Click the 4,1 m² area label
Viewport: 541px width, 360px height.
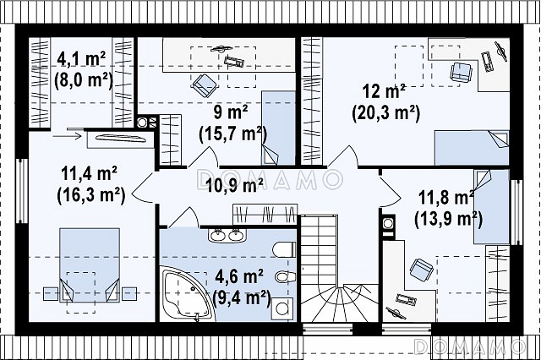point(81,59)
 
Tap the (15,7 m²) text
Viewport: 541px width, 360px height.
point(233,134)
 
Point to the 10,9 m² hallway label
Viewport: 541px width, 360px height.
point(235,186)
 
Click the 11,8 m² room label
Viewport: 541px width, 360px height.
point(445,198)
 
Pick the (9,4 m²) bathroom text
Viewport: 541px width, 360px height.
point(242,297)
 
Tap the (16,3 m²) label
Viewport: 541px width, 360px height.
point(90,195)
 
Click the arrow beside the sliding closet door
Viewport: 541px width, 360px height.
point(67,136)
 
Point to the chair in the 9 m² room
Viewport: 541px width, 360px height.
point(205,85)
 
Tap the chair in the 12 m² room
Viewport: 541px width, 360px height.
point(461,73)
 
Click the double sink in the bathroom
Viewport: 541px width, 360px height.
point(227,235)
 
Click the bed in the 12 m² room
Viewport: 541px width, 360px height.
point(472,148)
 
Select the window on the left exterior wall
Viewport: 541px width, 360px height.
point(23,191)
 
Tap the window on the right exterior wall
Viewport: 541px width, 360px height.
point(516,212)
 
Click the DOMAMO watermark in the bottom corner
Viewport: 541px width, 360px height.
point(470,347)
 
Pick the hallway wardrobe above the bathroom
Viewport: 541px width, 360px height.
point(265,214)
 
